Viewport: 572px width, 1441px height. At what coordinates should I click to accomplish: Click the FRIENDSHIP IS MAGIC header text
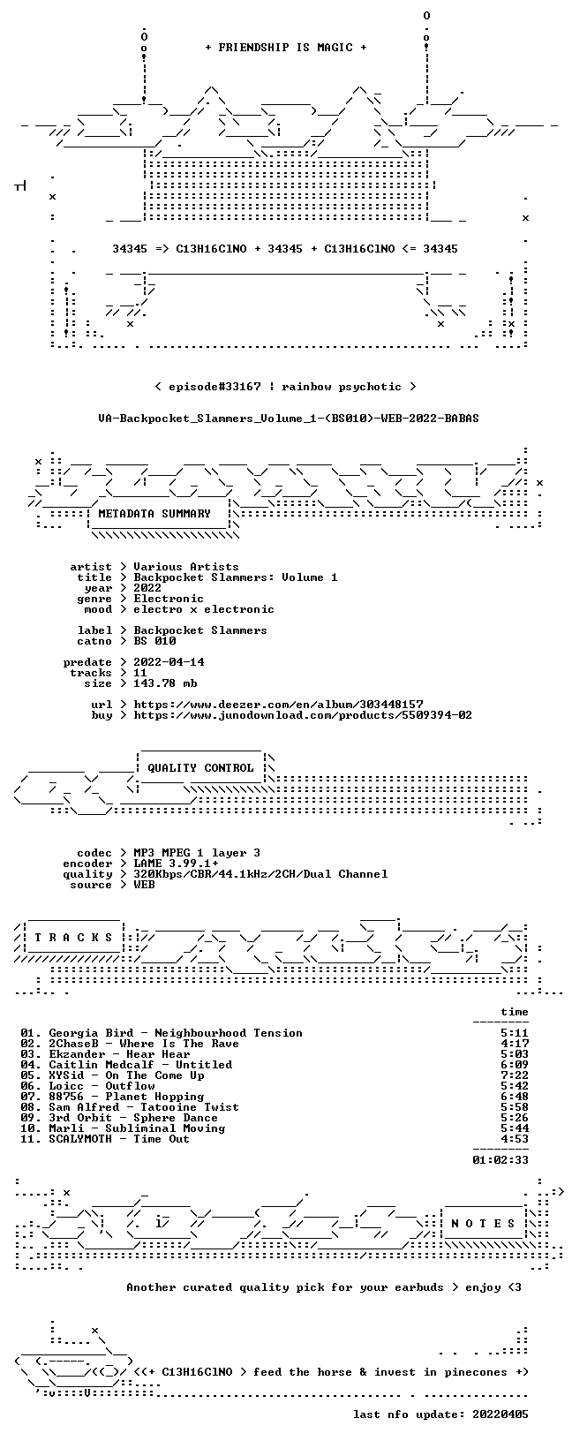tap(286, 48)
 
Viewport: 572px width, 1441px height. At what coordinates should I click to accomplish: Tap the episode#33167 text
tap(214, 387)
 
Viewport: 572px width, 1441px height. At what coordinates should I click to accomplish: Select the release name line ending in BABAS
tap(289, 419)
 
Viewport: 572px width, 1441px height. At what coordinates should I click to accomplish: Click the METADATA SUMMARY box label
tap(154, 513)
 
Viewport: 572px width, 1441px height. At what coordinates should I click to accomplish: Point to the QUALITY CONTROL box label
tap(200, 767)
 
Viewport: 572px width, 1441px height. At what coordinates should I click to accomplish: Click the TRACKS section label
tap(74, 938)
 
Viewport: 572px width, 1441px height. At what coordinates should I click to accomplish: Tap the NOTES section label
tap(483, 1223)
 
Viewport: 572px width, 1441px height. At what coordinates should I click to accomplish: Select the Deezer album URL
tap(279, 705)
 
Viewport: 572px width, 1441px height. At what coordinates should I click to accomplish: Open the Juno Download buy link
tap(303, 714)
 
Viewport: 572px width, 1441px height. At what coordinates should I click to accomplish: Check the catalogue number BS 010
tap(154, 641)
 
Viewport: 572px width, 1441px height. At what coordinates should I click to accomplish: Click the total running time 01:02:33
tap(500, 1160)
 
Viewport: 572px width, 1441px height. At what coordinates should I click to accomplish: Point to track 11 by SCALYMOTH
tap(105, 1139)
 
